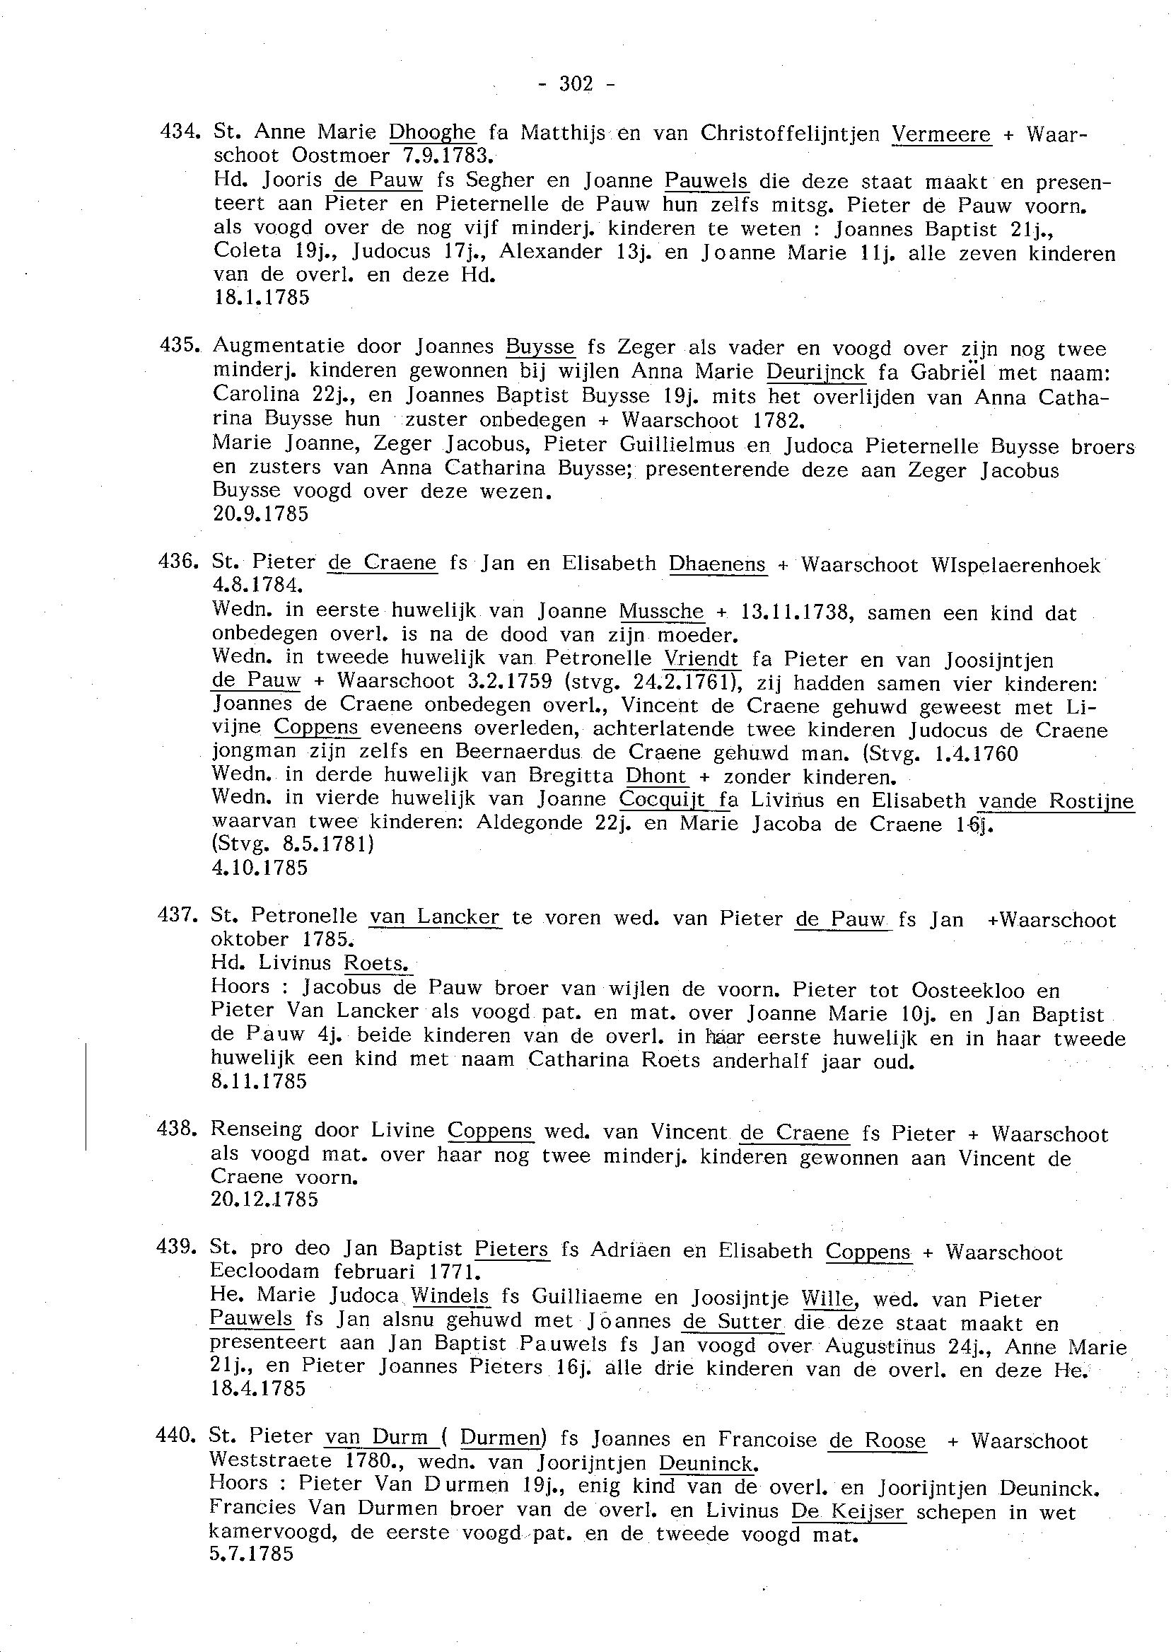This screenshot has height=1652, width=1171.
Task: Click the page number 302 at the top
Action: point(576,85)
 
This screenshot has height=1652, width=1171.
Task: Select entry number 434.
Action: point(177,132)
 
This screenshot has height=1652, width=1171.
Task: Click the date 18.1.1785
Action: point(262,298)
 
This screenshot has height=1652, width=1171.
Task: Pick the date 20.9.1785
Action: point(260,514)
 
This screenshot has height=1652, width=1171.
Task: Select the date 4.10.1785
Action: point(260,868)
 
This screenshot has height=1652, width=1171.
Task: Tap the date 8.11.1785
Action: point(258,1081)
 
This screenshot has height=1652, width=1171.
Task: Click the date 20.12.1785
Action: point(264,1199)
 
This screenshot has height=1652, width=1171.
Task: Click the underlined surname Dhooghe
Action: point(432,133)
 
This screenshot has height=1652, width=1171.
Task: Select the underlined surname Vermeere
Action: point(941,134)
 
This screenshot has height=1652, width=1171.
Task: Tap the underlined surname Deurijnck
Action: point(815,373)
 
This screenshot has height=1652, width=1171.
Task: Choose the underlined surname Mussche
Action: point(661,612)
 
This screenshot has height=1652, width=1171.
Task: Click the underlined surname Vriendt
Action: point(701,659)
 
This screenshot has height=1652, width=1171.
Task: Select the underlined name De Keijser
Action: point(847,1512)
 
